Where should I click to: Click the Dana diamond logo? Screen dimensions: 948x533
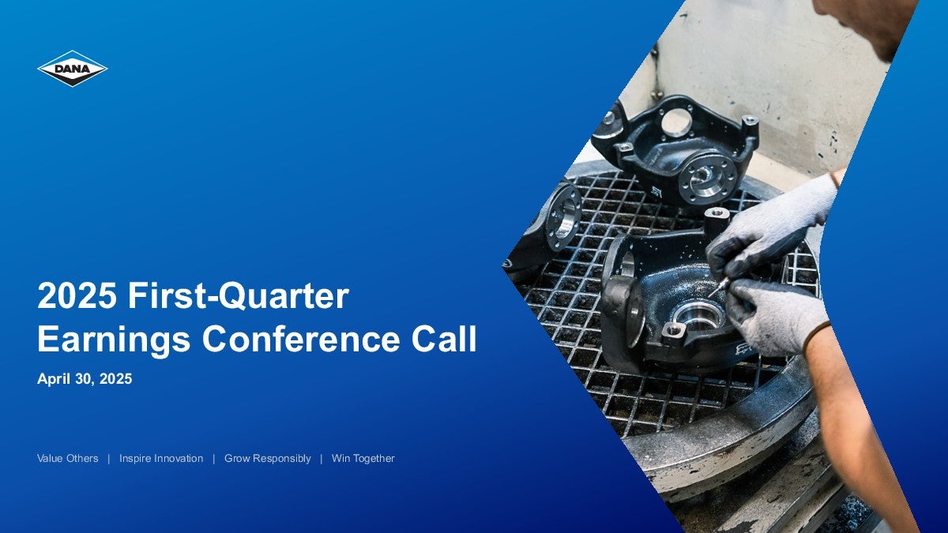[73, 69]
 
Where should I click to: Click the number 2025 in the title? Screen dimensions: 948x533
[77, 295]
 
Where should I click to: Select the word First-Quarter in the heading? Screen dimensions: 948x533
[239, 296]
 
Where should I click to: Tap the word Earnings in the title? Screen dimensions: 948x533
[115, 340]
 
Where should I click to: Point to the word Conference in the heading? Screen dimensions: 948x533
[301, 339]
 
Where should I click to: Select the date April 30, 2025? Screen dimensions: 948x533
[85, 378]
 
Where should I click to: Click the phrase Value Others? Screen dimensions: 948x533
[68, 458]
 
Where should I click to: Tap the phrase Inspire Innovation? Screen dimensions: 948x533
[161, 458]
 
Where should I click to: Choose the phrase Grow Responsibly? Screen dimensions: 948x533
[268, 459]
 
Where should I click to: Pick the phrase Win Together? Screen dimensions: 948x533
[363, 459]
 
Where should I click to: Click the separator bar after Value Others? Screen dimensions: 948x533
[109, 459]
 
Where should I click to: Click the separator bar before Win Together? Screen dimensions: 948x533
[322, 459]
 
